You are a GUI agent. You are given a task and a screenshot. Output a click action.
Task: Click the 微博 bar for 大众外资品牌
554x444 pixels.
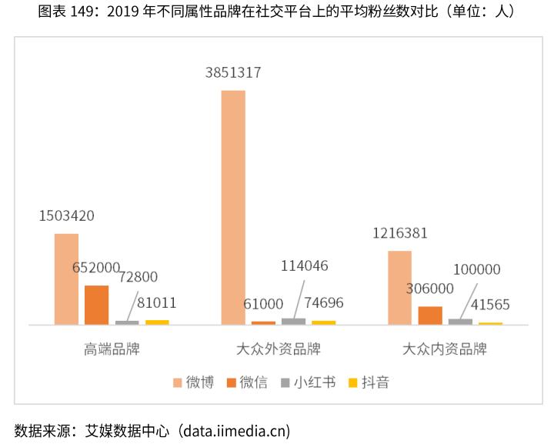(x=233, y=208)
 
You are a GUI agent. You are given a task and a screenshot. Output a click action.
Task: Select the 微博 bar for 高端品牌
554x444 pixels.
(x=66, y=279)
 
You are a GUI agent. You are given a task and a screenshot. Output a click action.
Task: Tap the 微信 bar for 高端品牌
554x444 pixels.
(x=96, y=305)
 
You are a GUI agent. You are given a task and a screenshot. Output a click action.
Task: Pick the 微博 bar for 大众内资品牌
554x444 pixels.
(x=400, y=287)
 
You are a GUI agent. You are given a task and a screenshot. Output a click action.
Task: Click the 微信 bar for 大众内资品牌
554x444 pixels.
(x=430, y=315)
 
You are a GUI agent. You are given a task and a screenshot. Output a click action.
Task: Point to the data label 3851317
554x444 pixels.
(x=233, y=73)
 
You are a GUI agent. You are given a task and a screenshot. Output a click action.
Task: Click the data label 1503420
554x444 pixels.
(x=67, y=216)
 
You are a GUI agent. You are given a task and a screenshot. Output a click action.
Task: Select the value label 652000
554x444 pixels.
(x=96, y=268)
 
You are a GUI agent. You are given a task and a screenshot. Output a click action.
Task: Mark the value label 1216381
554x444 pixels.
(x=400, y=233)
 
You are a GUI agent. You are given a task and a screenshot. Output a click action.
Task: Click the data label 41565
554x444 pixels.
(x=490, y=305)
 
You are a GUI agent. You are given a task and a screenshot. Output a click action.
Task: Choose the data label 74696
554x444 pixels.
(x=323, y=302)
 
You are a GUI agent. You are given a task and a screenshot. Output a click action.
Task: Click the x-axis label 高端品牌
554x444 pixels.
(x=112, y=349)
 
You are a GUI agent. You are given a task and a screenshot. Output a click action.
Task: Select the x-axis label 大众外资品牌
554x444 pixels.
(x=278, y=349)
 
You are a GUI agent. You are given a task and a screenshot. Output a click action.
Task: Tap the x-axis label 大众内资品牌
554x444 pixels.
(x=445, y=349)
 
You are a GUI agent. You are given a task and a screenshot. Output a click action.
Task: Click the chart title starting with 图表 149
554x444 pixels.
(x=276, y=12)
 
